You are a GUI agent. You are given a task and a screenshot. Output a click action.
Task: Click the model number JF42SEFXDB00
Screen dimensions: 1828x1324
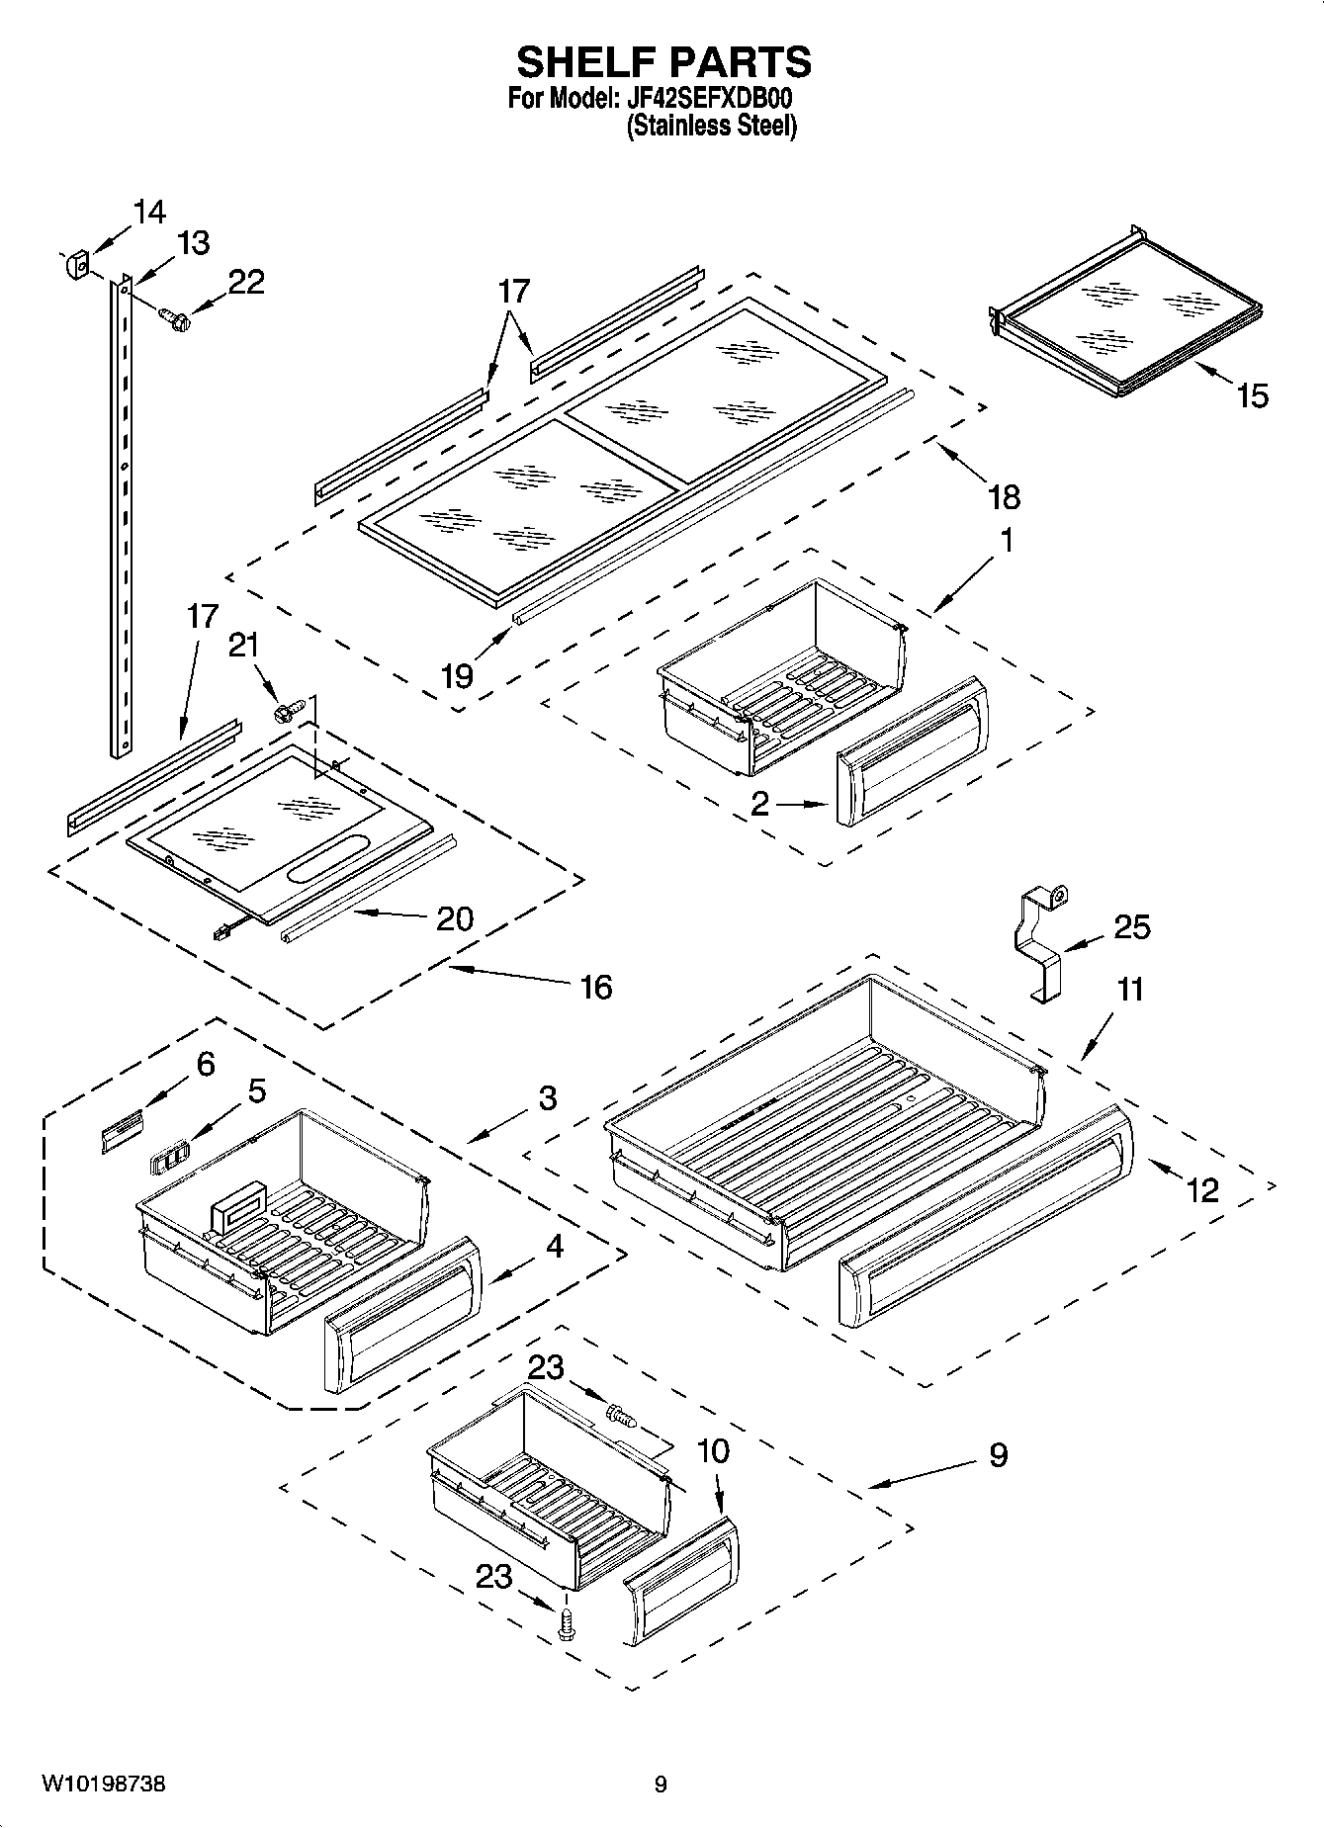pyautogui.click(x=708, y=100)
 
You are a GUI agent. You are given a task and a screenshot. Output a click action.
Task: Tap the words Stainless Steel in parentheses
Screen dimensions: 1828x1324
pyautogui.click(x=711, y=127)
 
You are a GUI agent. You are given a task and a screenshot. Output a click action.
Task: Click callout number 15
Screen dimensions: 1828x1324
pyautogui.click(x=1251, y=396)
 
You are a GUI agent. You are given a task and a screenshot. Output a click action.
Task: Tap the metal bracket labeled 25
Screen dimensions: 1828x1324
pyautogui.click(x=1039, y=939)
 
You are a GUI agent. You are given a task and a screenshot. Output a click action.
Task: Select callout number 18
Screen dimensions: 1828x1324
pyautogui.click(x=1003, y=496)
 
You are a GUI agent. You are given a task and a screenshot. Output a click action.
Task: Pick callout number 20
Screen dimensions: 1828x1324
pyautogui.click(x=455, y=918)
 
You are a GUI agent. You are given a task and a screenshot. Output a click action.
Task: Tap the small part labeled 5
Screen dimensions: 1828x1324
pyautogui.click(x=167, y=1158)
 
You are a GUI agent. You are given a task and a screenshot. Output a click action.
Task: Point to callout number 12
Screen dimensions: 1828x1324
pyautogui.click(x=1201, y=1190)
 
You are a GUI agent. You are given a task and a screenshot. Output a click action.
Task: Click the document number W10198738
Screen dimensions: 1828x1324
pyautogui.click(x=103, y=1784)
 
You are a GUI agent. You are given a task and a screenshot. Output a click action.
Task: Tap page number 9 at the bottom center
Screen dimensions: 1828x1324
pyautogui.click(x=660, y=1784)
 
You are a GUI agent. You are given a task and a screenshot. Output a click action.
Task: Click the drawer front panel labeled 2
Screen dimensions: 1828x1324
pyautogui.click(x=910, y=751)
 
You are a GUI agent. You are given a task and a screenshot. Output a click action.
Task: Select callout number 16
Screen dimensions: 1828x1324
pyautogui.click(x=595, y=987)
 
